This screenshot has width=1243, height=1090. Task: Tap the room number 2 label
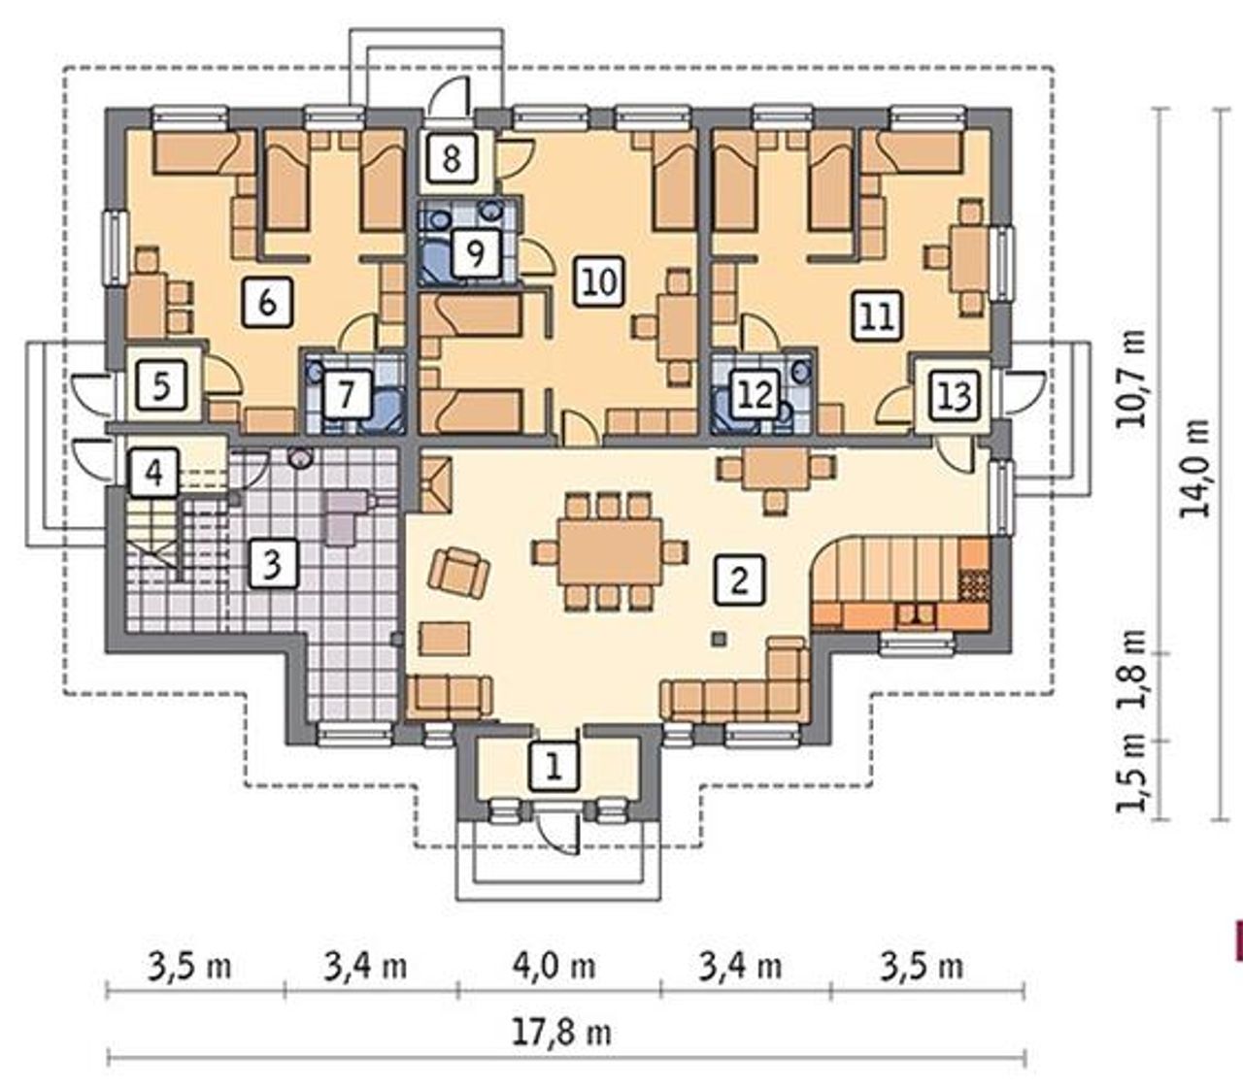(x=739, y=579)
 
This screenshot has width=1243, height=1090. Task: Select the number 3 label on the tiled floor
(x=274, y=563)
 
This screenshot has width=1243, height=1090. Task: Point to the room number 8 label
(x=452, y=158)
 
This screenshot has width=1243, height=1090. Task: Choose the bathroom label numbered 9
(x=476, y=252)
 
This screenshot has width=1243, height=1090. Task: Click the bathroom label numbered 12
(x=756, y=395)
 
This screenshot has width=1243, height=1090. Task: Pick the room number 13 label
(x=956, y=395)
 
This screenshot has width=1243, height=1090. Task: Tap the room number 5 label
(x=161, y=386)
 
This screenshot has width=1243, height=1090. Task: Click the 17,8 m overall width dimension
(x=562, y=1034)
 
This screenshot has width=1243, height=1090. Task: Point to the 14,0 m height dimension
(x=1195, y=469)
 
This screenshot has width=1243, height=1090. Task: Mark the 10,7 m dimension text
(x=1130, y=379)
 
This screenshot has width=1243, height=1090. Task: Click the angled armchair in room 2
(x=459, y=571)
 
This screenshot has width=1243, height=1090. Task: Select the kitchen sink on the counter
(x=916, y=614)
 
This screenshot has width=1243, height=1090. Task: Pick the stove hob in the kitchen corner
(x=974, y=584)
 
